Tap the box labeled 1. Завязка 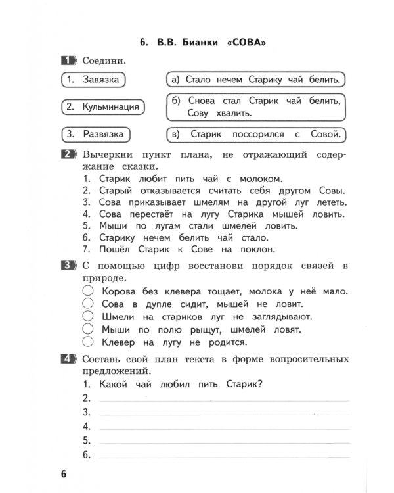93,80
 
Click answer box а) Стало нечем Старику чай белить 255,80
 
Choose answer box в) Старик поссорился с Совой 255,134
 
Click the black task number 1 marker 68,60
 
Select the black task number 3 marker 68,265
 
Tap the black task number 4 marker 68,359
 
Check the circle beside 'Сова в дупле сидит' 88,304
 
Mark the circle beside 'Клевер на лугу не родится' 88,342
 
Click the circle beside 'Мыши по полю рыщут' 88,329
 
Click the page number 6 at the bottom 64,475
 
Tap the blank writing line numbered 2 223,399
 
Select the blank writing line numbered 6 223,455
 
